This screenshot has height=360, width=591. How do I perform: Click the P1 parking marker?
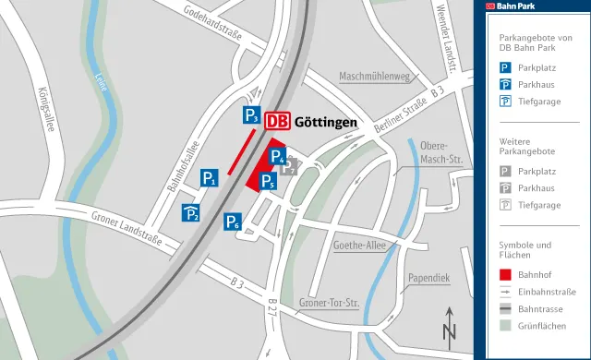pos(210,179)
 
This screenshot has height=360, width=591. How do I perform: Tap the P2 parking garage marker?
pos(191,213)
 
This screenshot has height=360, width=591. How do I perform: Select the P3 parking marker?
pos(252,115)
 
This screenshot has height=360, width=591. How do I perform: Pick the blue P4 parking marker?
pos(278,157)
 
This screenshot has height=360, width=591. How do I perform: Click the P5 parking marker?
pos(267,182)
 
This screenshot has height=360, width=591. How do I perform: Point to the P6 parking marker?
pos(234,222)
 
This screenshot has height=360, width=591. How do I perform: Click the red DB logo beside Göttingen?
pos(277,121)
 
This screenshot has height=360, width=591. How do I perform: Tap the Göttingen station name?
pos(326,121)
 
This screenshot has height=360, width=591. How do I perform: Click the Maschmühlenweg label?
pos(374,77)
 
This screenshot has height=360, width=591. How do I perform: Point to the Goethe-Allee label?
pos(360,246)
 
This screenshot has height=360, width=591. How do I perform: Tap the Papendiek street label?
pos(428,277)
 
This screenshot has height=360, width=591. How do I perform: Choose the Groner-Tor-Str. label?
pos(329,303)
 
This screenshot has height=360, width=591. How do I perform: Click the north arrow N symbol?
pos(450,326)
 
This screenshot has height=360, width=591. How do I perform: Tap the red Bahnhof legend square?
pos(505,274)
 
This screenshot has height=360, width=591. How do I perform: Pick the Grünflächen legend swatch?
pos(505,325)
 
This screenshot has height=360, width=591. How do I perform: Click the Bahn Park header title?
pos(520,6)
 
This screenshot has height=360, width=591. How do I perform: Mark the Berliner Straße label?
pos(397,114)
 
